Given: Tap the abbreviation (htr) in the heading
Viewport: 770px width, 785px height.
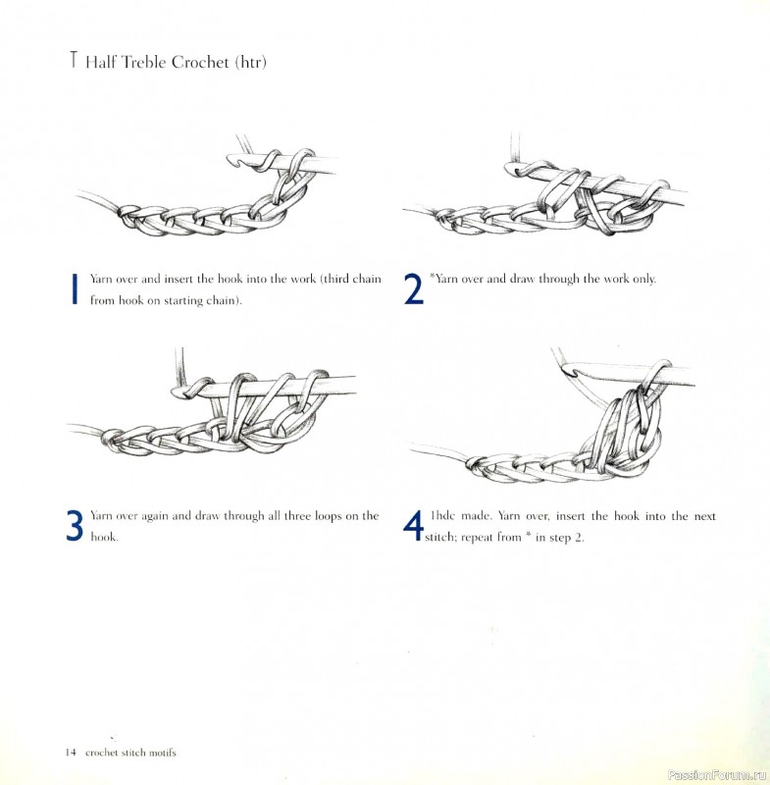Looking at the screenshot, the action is [250, 63].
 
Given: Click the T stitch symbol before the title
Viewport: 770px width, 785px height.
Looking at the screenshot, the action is [74, 60].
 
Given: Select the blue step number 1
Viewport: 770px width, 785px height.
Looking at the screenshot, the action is [76, 288].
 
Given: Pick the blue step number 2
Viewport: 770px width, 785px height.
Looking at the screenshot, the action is [413, 288].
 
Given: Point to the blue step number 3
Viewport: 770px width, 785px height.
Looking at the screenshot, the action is [75, 525].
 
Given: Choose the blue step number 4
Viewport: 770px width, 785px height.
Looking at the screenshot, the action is [413, 525].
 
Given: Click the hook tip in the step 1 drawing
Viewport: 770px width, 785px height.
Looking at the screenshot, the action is [233, 160].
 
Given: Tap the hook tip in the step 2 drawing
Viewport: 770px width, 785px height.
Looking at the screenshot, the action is [510, 169].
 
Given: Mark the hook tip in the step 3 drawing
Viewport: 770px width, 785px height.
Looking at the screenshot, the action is [177, 392].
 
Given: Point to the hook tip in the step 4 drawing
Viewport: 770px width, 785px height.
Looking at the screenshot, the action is [568, 370].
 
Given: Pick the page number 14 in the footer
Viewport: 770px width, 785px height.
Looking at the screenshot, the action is [70, 753].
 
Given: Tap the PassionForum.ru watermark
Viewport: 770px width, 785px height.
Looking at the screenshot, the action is [716, 775].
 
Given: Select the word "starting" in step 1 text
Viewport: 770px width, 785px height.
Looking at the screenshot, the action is [182, 301].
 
